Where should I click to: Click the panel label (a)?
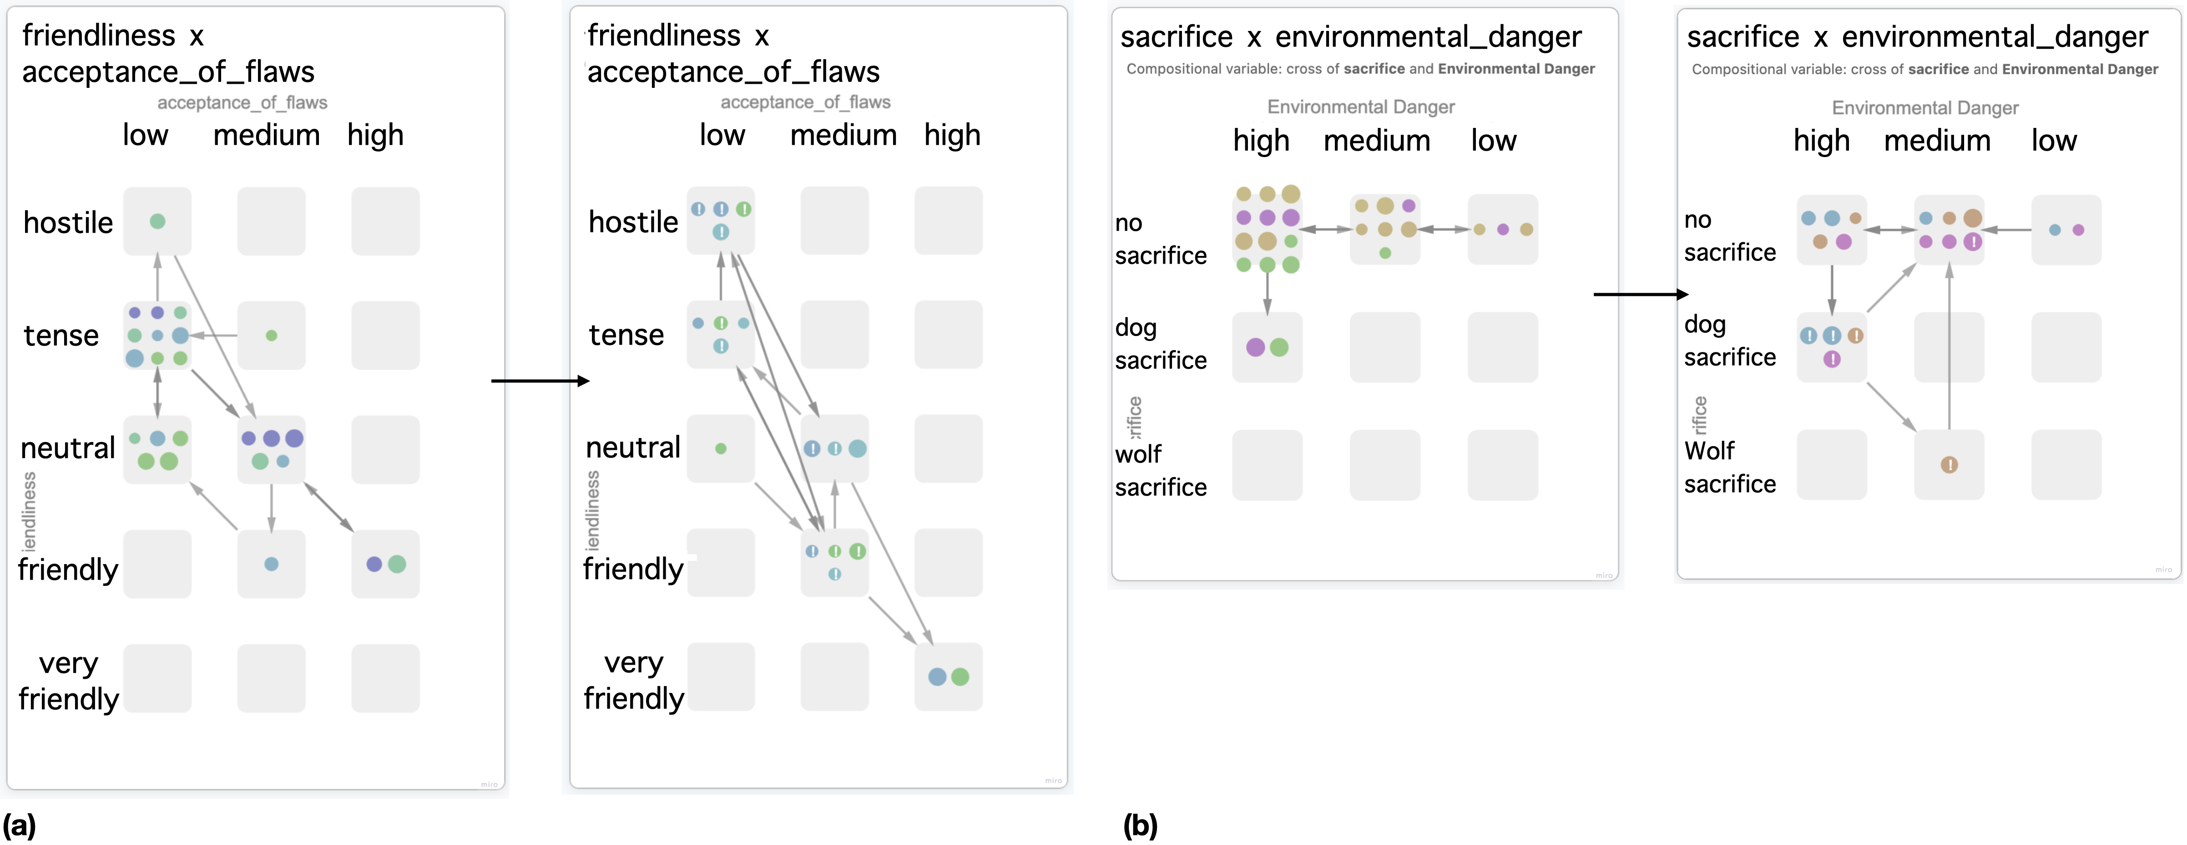pyautogui.click(x=19, y=825)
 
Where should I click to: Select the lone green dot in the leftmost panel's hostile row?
pyautogui.click(x=157, y=222)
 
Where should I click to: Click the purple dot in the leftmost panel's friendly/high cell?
pyautogui.click(x=374, y=564)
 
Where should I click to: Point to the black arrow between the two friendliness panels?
pyautogui.click(x=540, y=381)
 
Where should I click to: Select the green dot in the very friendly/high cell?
pyautogui.click(x=960, y=677)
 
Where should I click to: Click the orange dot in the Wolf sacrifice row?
pyautogui.click(x=1949, y=464)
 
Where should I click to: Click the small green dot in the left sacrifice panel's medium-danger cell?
pyautogui.click(x=1385, y=253)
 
